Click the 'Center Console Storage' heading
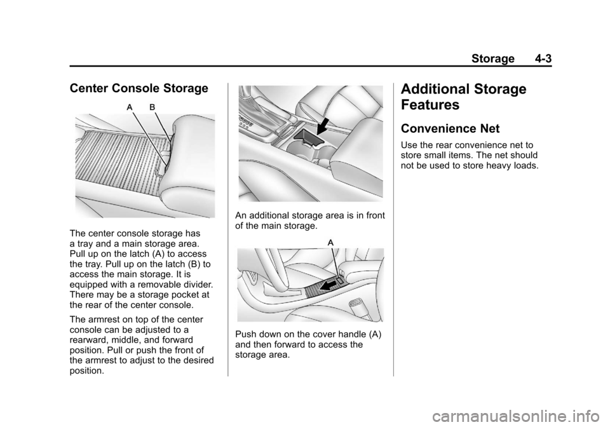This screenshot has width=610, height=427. [x=139, y=89]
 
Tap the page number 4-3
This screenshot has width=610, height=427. [x=543, y=58]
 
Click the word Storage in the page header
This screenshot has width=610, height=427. [x=493, y=58]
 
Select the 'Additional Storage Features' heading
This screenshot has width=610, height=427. [x=463, y=97]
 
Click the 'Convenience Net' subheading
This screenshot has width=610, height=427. [x=450, y=129]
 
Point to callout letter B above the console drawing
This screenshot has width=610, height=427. [x=152, y=107]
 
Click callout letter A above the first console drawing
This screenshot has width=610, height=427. [x=130, y=107]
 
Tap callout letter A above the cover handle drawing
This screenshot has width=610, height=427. [x=330, y=242]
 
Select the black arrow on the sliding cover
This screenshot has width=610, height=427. [x=328, y=286]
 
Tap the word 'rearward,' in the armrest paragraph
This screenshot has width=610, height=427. [x=88, y=341]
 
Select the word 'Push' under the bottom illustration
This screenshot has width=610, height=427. [x=244, y=334]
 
